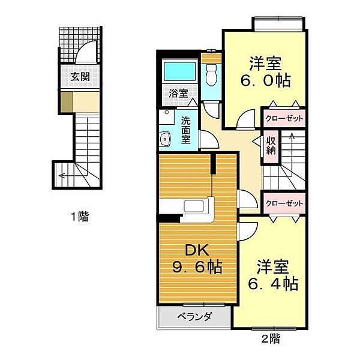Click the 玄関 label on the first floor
coord(80,77)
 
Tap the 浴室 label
coord(178,93)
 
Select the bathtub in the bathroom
coord(180,71)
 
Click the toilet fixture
coord(211,74)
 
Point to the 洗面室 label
coord(186,130)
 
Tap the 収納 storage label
coord(271,146)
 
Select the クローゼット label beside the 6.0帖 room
coord(284,119)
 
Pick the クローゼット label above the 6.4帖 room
coord(284,203)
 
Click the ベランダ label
coord(194,317)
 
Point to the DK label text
coord(197,250)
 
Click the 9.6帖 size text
coord(197,267)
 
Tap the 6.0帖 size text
coord(266,80)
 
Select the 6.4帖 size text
coord(273,284)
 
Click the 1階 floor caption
coord(80,216)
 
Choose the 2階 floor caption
coord(271,338)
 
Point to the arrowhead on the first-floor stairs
coord(61,176)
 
